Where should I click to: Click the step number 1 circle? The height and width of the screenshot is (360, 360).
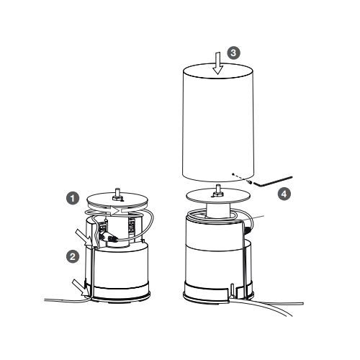tap(73, 198)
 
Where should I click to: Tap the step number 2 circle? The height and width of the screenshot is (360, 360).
tap(73, 256)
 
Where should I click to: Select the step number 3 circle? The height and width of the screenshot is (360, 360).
tap(233, 53)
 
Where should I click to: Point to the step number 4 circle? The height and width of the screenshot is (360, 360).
tap(284, 194)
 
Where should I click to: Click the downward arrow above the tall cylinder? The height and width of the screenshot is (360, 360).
tap(218, 63)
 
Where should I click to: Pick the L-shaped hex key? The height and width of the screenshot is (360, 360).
tap(273, 181)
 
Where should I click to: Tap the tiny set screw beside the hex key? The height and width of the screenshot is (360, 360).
tap(251, 183)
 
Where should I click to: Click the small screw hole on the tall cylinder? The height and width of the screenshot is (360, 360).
tap(233, 174)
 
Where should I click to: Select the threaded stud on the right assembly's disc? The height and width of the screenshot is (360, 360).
tap(218, 188)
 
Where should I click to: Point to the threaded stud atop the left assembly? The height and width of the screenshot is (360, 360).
tap(117, 192)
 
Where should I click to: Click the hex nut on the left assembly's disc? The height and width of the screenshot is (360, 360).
tap(117, 198)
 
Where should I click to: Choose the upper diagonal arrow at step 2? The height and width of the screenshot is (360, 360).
tap(84, 237)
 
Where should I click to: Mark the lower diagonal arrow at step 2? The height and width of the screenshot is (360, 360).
tap(81, 287)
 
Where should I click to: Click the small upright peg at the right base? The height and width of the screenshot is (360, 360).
tap(232, 290)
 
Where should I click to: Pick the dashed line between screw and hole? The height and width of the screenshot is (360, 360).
tap(241, 178)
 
